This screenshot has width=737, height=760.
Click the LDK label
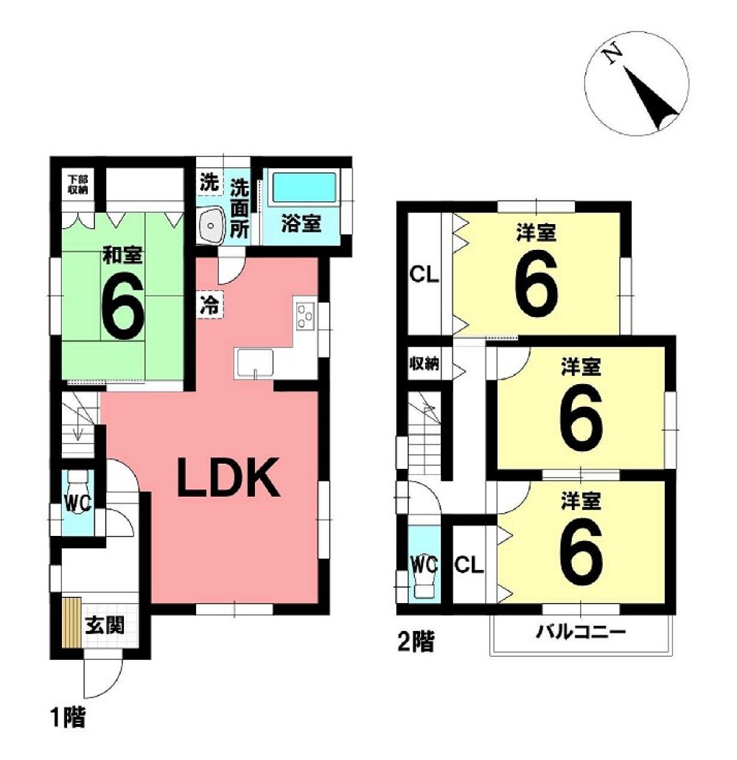(x=228, y=478)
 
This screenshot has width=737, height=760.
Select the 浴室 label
(x=301, y=223)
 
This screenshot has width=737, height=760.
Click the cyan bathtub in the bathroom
(x=304, y=187)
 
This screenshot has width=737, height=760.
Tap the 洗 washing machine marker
(x=209, y=182)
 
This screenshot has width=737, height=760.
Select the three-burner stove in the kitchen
(x=305, y=315)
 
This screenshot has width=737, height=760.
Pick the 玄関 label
(x=105, y=625)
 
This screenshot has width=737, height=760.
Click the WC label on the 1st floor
(x=78, y=503)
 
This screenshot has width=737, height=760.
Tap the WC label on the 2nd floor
(x=424, y=564)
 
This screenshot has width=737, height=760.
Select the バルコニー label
(x=581, y=632)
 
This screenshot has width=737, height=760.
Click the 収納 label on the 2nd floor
(x=425, y=363)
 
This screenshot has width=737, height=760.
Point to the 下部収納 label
(x=77, y=185)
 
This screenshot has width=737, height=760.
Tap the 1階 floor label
(x=69, y=717)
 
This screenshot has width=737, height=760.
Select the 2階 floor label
(x=416, y=642)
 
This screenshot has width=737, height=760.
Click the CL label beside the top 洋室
(x=424, y=275)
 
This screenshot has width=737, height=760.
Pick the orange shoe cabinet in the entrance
(x=71, y=624)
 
